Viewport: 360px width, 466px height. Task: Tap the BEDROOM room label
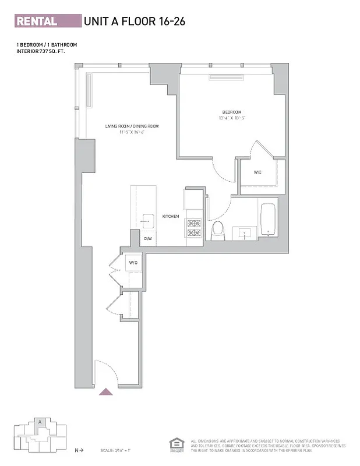231,112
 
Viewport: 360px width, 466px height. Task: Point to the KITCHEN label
170,217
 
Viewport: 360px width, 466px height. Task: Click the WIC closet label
257,172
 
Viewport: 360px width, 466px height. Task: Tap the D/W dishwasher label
148,238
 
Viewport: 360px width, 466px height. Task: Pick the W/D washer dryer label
133,263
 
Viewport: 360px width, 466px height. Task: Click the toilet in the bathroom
217,230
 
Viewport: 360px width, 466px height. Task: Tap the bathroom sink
244,233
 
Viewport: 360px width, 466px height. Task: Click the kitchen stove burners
193,228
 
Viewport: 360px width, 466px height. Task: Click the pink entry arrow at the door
106,391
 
